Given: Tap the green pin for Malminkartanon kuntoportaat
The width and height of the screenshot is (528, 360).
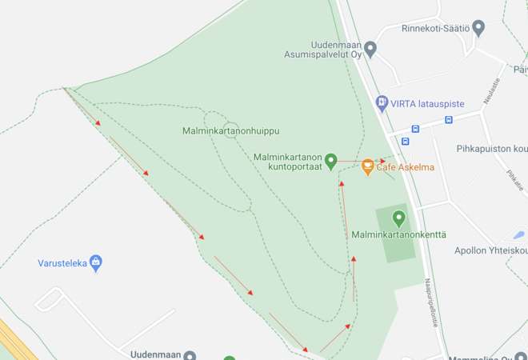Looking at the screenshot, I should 331,162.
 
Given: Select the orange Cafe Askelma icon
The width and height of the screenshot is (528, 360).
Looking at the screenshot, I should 368,166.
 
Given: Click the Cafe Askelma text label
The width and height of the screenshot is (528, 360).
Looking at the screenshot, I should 406,167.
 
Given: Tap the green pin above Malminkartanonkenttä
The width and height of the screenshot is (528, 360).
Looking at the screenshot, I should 399,218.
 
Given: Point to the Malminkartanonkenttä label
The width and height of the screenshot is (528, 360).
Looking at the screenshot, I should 398,234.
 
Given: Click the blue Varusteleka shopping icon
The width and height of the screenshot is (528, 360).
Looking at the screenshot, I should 96,262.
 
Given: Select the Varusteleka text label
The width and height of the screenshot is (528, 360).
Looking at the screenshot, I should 62,263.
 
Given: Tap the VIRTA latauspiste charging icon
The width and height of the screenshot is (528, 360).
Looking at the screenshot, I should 382,103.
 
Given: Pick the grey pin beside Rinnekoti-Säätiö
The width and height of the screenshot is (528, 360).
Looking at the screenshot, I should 478,29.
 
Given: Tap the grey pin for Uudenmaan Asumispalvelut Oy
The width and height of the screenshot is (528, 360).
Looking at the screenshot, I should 370,50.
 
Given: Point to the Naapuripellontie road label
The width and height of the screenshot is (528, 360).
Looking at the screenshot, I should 431,302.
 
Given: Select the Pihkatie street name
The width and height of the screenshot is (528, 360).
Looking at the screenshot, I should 515,180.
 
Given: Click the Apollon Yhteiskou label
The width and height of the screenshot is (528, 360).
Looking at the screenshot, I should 490,250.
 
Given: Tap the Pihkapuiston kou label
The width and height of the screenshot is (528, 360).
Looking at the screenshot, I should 492,149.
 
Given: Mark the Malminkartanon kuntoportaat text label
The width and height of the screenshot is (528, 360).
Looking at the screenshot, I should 288,162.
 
